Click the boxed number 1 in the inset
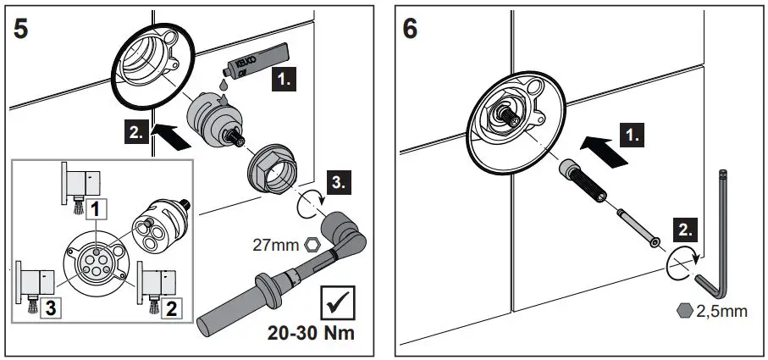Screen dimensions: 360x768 pyautogui.click(x=98, y=206)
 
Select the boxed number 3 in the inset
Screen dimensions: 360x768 pyautogui.click(x=29, y=307)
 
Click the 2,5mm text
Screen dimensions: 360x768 pyautogui.click(x=722, y=312)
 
